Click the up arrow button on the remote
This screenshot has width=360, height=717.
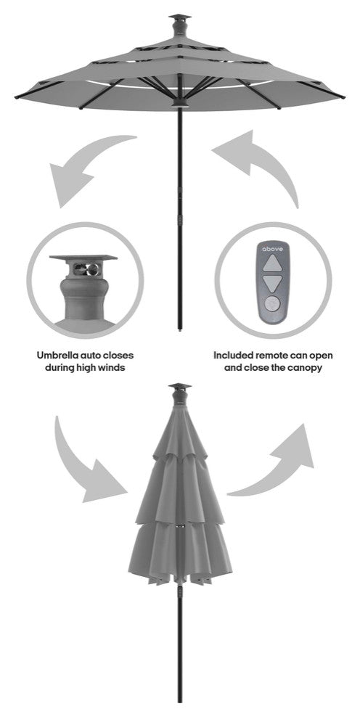click(x=273, y=263)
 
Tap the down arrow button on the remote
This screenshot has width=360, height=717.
click(x=273, y=284)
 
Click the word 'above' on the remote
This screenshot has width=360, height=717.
click(x=273, y=249)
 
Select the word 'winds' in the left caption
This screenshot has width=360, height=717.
click(x=111, y=368)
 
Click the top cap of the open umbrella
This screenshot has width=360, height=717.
click(x=180, y=17)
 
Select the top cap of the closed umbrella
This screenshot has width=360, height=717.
click(x=180, y=386)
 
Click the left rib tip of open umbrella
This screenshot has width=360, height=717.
click(x=17, y=97)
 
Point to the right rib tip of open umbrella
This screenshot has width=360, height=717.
click(x=343, y=97)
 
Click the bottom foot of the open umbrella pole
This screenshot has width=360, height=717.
click(x=180, y=329)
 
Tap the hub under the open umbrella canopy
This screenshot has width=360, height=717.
click(x=180, y=102)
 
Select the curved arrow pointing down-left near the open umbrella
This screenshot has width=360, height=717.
click(x=86, y=161)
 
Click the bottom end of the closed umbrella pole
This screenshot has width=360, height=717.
click(x=180, y=701)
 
